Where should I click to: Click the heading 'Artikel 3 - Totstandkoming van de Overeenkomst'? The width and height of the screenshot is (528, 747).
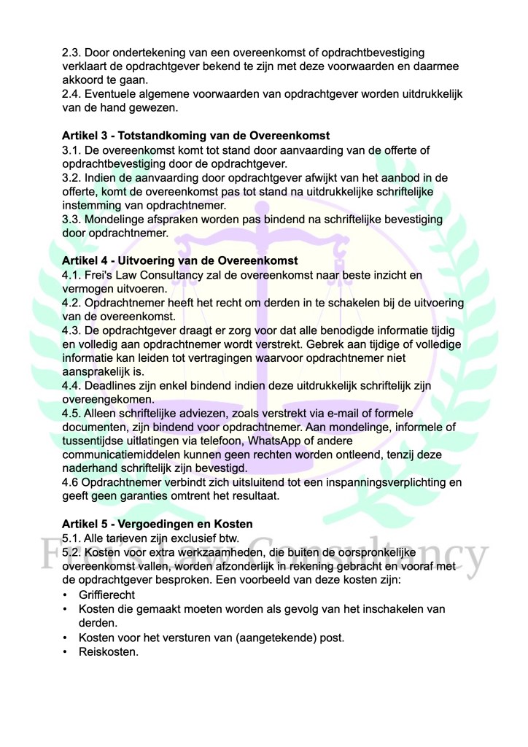(x=195, y=136)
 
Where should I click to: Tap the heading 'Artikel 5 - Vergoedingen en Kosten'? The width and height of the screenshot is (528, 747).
(x=158, y=524)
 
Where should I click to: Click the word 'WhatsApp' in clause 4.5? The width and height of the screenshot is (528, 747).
(x=273, y=442)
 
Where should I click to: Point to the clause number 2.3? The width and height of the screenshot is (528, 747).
(x=71, y=53)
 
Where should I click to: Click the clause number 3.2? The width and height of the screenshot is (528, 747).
(x=71, y=178)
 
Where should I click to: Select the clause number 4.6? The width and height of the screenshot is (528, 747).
(x=71, y=483)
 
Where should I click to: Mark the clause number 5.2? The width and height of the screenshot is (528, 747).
(x=71, y=552)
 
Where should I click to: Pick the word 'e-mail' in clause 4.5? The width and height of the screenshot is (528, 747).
(x=368, y=414)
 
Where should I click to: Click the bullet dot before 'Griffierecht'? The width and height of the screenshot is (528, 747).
(x=66, y=595)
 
